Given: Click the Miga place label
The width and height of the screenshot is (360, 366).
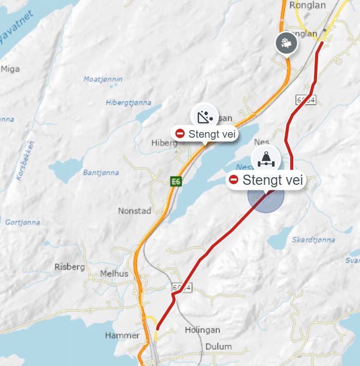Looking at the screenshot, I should pos(11,69).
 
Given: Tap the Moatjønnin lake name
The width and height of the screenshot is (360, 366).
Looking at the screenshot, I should pos(103,79).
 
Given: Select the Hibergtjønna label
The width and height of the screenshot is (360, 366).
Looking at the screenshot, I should pos(128,102).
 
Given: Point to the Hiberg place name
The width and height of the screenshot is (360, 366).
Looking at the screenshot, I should pos(164,143).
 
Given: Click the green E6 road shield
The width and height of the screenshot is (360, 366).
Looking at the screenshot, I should pos(175,181).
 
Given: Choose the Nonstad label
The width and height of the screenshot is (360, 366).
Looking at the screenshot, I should pos(134,211).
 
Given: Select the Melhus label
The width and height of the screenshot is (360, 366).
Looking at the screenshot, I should pos(114,273).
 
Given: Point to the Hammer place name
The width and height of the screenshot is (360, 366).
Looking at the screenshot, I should pos(122,335).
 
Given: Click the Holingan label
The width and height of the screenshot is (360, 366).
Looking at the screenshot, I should pos(202,330).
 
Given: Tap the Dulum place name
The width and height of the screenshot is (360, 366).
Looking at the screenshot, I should pos(218,347).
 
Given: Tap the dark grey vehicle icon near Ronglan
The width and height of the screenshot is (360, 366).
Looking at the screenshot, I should pos(286,43).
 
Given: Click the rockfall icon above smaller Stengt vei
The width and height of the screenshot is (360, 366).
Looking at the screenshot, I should pos(204,117).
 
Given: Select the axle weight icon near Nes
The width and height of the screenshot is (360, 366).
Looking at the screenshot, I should pos(266,158).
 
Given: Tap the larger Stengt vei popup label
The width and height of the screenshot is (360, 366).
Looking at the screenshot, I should pos(266,180).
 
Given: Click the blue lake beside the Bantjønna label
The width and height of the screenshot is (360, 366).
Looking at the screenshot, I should pos(65,171).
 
